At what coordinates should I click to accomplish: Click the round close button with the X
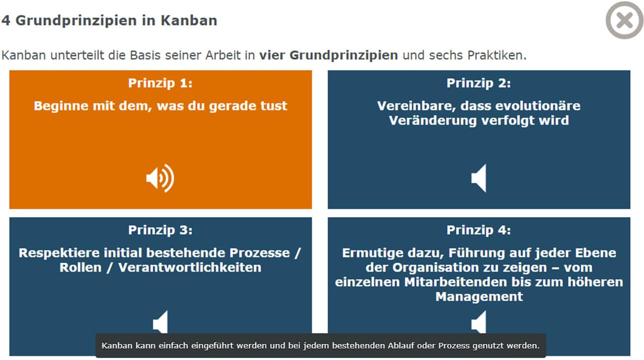[x=624, y=20]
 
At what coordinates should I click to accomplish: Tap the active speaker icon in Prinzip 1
[x=160, y=178]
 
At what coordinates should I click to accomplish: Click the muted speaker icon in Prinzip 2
[x=478, y=178]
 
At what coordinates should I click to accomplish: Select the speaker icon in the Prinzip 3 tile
[x=160, y=322]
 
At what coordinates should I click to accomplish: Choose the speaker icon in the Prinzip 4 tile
[x=478, y=322]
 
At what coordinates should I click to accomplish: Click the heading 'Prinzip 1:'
[x=160, y=83]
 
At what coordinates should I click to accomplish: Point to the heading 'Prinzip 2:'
[x=478, y=83]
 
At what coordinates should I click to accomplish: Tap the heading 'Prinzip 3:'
[x=160, y=230]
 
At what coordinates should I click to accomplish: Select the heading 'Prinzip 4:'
[x=478, y=230]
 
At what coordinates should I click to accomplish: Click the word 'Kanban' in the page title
[x=189, y=21]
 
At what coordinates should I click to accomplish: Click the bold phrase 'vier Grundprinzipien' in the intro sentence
[x=329, y=55]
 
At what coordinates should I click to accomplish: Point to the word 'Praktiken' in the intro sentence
[x=496, y=55]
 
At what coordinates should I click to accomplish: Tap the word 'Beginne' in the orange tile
[x=61, y=106]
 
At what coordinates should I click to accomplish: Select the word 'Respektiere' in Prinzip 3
[x=59, y=253]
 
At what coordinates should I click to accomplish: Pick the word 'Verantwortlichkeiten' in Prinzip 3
[x=190, y=267]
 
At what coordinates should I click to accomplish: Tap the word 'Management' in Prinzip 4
[x=479, y=297]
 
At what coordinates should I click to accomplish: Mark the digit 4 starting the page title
[x=6, y=21]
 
